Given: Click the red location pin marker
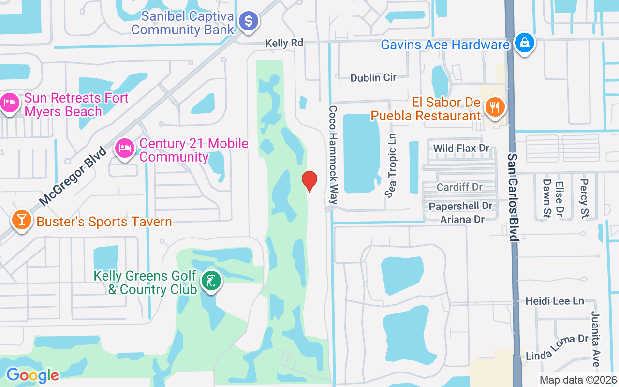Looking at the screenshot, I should (x=309, y=181).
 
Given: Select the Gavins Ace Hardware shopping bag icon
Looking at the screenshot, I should (x=524, y=43).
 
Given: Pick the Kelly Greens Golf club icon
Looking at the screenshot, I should (x=211, y=281).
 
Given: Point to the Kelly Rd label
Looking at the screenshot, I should (x=284, y=43).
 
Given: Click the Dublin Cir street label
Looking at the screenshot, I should (x=373, y=77).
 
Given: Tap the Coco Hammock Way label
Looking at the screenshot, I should (x=333, y=155).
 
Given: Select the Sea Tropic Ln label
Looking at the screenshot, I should (x=391, y=165).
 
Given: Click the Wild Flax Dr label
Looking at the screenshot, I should (x=461, y=148).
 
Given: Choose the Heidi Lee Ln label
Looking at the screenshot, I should (x=555, y=301).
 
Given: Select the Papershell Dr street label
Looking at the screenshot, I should (x=460, y=206).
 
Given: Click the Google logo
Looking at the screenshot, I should (x=32, y=375).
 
